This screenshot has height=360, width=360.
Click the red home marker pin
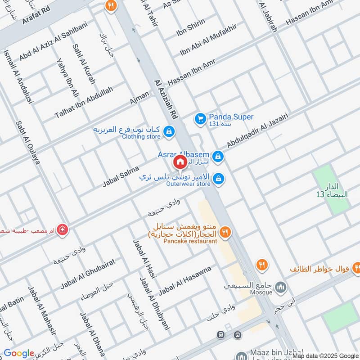coord(180,162)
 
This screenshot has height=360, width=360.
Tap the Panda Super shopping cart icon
coord(200,119)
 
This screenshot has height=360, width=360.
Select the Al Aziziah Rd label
coord(166,100)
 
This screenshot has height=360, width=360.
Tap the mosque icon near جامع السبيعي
coord(282,287)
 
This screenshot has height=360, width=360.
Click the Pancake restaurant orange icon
coord(226,232)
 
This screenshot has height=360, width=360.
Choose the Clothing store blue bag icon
coord(169,131)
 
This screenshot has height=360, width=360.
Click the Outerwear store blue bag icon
coord(218,179)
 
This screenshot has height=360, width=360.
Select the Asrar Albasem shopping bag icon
coord(218,156)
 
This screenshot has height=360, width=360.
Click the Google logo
coord(19,354)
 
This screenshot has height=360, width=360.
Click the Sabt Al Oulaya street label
coord(28,143)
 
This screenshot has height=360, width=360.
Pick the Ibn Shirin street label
coord(190,26)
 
